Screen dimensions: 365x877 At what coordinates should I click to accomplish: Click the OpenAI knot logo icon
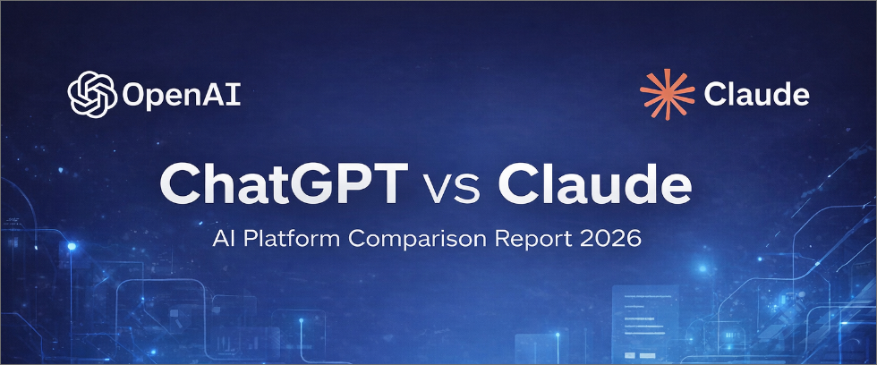tap(94, 93)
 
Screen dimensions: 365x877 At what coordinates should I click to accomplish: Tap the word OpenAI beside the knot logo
tap(183, 94)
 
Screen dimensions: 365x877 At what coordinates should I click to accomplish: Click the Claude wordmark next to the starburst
tap(756, 94)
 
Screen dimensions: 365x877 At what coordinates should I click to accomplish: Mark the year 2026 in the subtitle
tap(610, 241)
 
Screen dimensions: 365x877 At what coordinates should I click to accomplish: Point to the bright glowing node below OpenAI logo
tap(71, 245)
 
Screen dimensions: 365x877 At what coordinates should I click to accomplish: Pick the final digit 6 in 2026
tap(633, 241)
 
